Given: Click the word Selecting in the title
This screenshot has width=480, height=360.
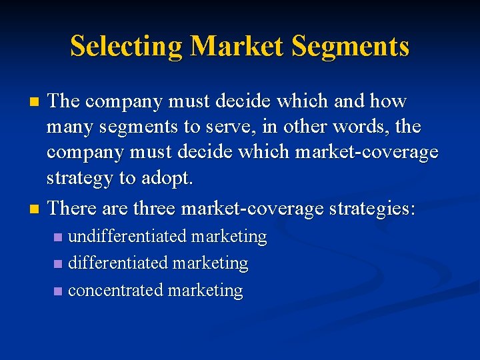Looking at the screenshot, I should click(126, 47).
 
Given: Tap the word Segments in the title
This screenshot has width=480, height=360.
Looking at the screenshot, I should click(350, 47).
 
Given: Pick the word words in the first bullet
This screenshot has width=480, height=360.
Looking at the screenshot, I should click(383, 127).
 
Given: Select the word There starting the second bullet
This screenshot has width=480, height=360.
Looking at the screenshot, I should click(73, 209).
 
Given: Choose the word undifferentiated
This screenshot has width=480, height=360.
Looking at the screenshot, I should click(128, 236).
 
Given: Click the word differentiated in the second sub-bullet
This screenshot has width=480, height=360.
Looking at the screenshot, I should click(117, 263).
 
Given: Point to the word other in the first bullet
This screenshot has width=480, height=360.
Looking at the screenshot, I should click(325, 127).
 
